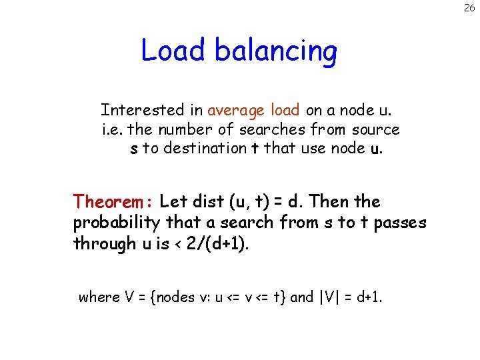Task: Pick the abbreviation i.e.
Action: [x=113, y=129]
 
